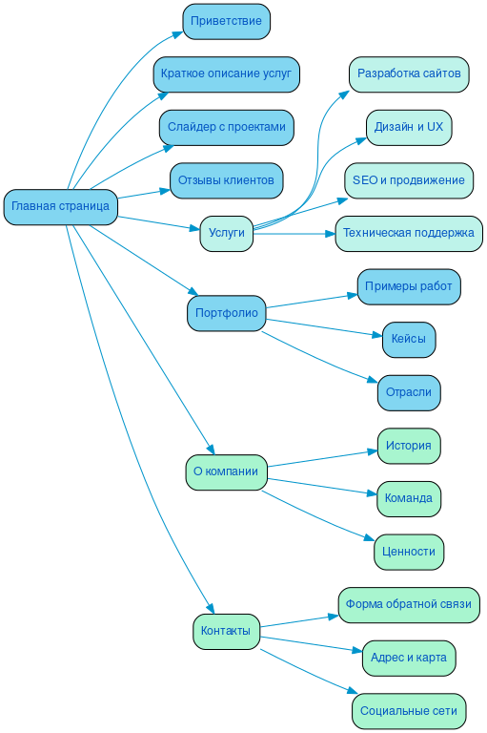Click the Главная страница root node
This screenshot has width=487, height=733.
click(x=60, y=206)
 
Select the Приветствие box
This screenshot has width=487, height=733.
click(x=226, y=21)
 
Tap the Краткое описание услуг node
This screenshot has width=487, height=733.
click(x=227, y=74)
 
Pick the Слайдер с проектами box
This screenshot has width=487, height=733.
click(x=226, y=127)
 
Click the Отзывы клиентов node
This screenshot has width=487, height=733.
click(x=226, y=180)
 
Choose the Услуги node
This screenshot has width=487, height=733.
click(x=226, y=233)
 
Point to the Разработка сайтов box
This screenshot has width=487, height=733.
click(x=409, y=73)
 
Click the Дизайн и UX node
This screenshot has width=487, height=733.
click(x=409, y=127)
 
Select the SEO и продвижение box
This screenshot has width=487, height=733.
click(x=409, y=180)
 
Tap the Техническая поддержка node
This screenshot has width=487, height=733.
click(x=409, y=233)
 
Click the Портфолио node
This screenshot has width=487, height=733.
click(x=226, y=313)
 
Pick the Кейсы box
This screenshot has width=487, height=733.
click(x=409, y=339)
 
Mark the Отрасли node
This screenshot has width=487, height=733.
click(x=409, y=392)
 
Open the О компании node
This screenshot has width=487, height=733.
click(x=226, y=471)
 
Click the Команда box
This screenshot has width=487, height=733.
click(x=409, y=498)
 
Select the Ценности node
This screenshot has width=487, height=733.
click(x=409, y=552)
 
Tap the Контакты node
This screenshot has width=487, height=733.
click(x=226, y=631)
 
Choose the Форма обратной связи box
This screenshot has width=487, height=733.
click(x=409, y=604)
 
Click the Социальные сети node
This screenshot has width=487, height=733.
click(x=409, y=711)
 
